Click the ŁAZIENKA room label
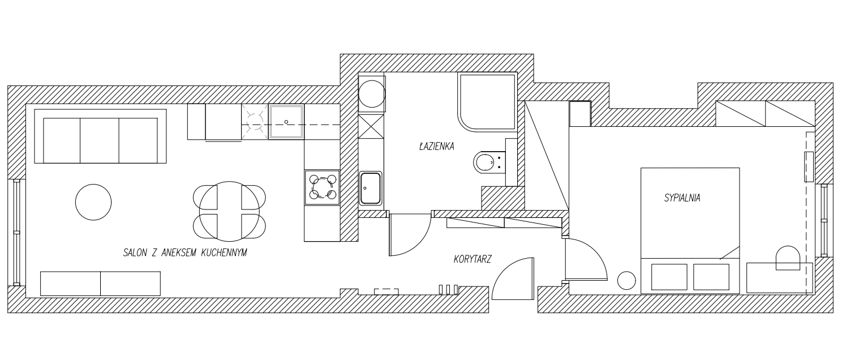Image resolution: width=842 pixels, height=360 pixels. pyautogui.click(x=436, y=146)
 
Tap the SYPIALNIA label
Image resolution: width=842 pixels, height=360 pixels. pyautogui.click(x=682, y=198)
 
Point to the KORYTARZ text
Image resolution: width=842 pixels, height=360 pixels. pyautogui.click(x=472, y=259)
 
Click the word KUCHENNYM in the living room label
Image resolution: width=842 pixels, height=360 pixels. pyautogui.click(x=224, y=252)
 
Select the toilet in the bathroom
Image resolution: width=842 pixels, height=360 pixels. pyautogui.click(x=489, y=162)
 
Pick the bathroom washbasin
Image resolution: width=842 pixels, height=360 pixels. pyautogui.click(x=371, y=188)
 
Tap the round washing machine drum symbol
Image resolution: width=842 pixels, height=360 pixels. pyautogui.click(x=371, y=94)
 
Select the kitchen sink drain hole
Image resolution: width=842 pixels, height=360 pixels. pyautogui.click(x=286, y=122)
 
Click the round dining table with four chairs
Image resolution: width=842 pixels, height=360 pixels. pyautogui.click(x=229, y=211)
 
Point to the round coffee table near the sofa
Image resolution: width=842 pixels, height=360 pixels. pyautogui.click(x=93, y=202)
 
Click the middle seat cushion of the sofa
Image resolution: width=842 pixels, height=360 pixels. pyautogui.click(x=100, y=140)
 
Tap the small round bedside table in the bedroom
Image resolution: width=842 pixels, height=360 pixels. pyautogui.click(x=626, y=281)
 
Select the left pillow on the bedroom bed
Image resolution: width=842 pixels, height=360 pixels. pyautogui.click(x=669, y=277)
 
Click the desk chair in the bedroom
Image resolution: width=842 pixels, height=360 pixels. pyautogui.click(x=788, y=258)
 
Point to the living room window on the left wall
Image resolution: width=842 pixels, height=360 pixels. pyautogui.click(x=16, y=233)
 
